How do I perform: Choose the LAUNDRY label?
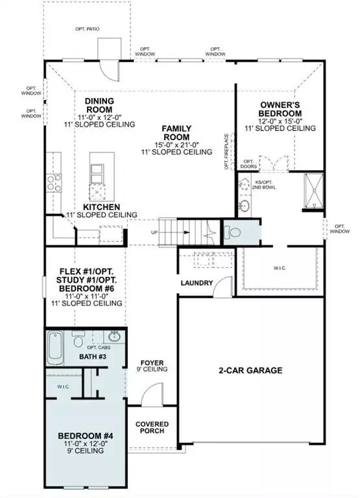(198, 283)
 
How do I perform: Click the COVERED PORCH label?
(152, 427)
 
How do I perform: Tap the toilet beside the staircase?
(234, 231)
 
